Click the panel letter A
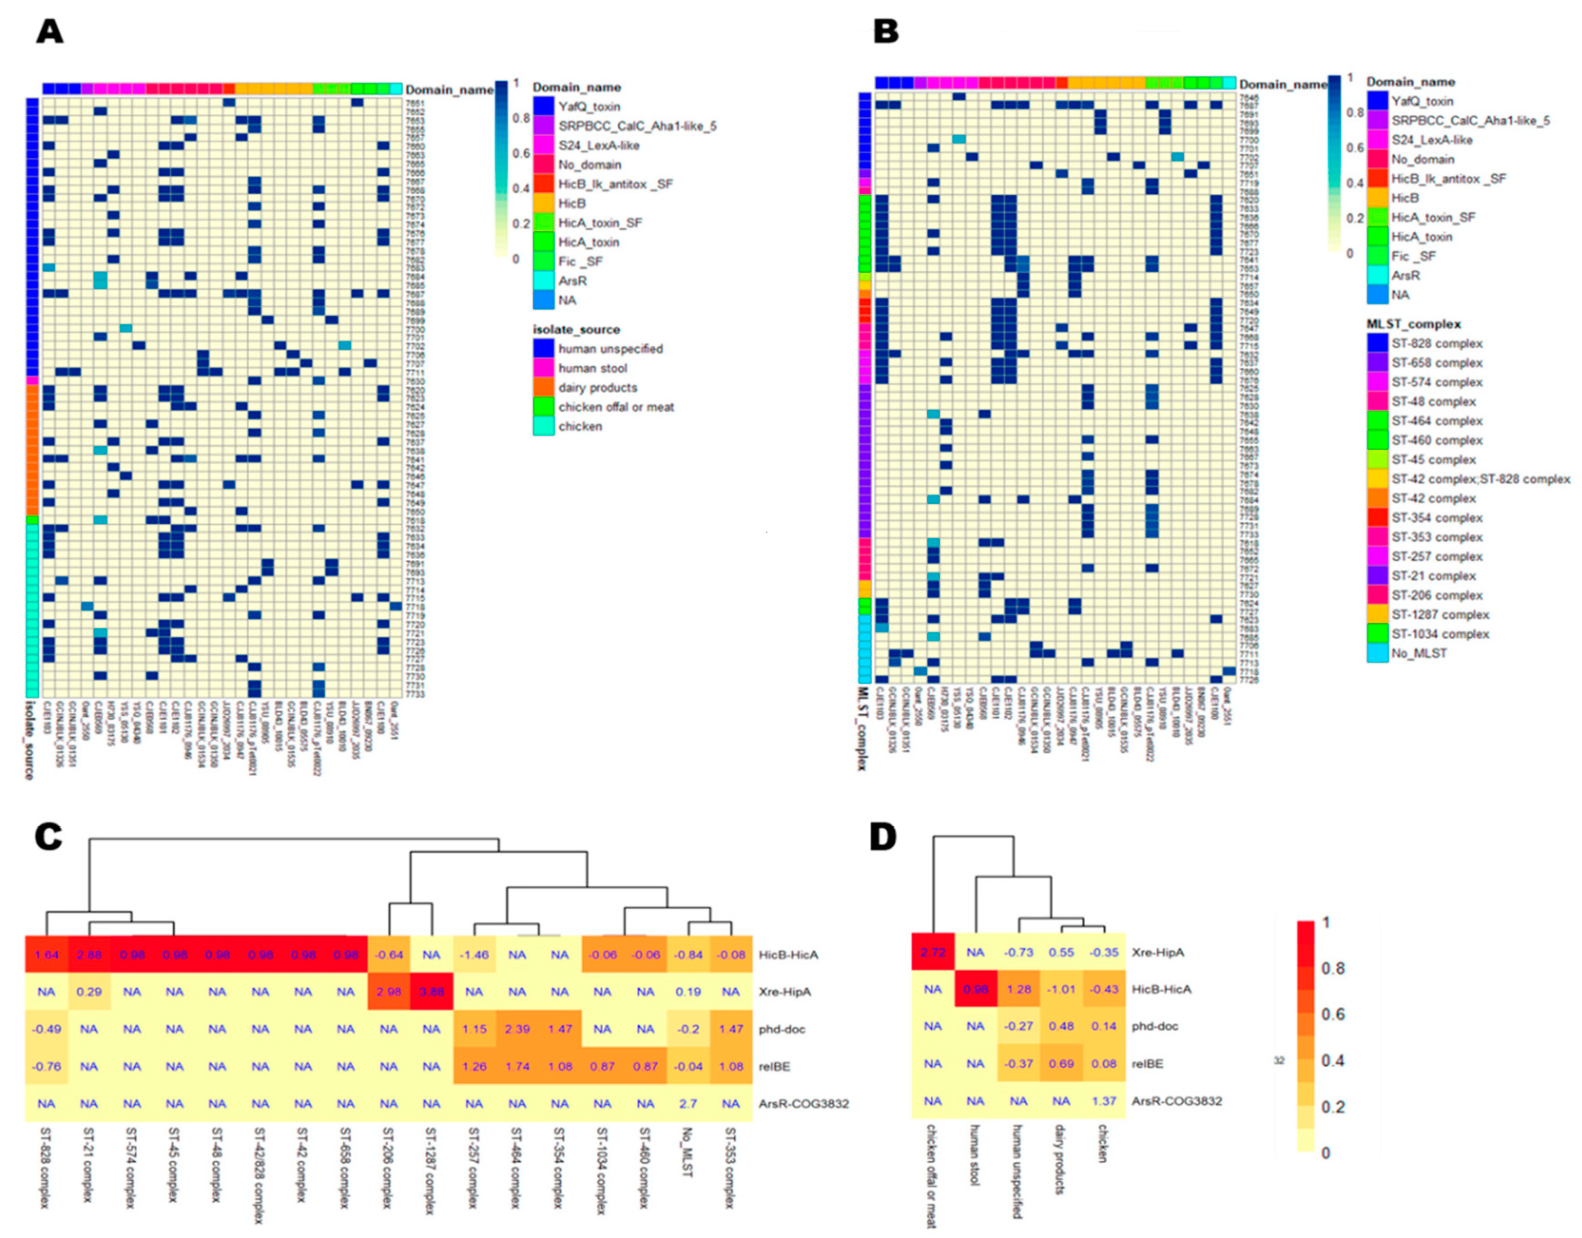(49, 32)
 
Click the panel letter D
(882, 837)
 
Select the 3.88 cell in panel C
(431, 992)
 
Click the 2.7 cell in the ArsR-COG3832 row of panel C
(688, 1104)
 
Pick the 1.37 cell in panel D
(1104, 1101)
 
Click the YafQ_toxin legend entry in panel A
(588, 107)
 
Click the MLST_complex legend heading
(1413, 324)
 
